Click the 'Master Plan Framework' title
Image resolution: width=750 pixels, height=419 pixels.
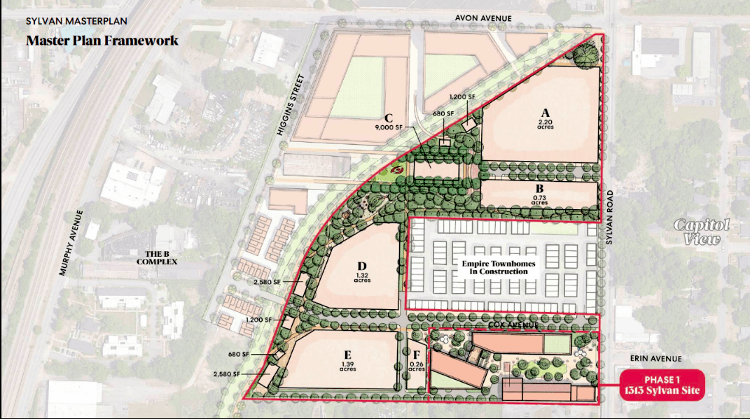102,41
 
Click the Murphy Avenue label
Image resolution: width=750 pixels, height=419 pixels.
72,242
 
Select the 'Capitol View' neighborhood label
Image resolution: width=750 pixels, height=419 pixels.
702,232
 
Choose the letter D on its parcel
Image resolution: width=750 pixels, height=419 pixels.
362,267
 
